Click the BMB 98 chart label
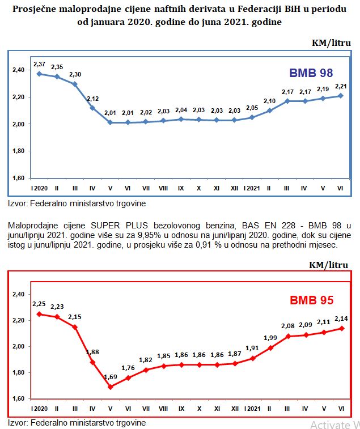click(311, 73)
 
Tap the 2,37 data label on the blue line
click(40, 64)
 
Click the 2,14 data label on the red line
click(341, 318)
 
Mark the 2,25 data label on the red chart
click(39, 304)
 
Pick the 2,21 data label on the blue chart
click(341, 86)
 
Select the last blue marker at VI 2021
click(341, 95)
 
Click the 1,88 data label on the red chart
click(92, 352)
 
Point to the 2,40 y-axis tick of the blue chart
click(18, 70)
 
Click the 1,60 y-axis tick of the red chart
click(18, 399)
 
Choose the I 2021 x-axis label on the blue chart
click(252, 188)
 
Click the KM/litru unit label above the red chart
click(328, 265)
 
